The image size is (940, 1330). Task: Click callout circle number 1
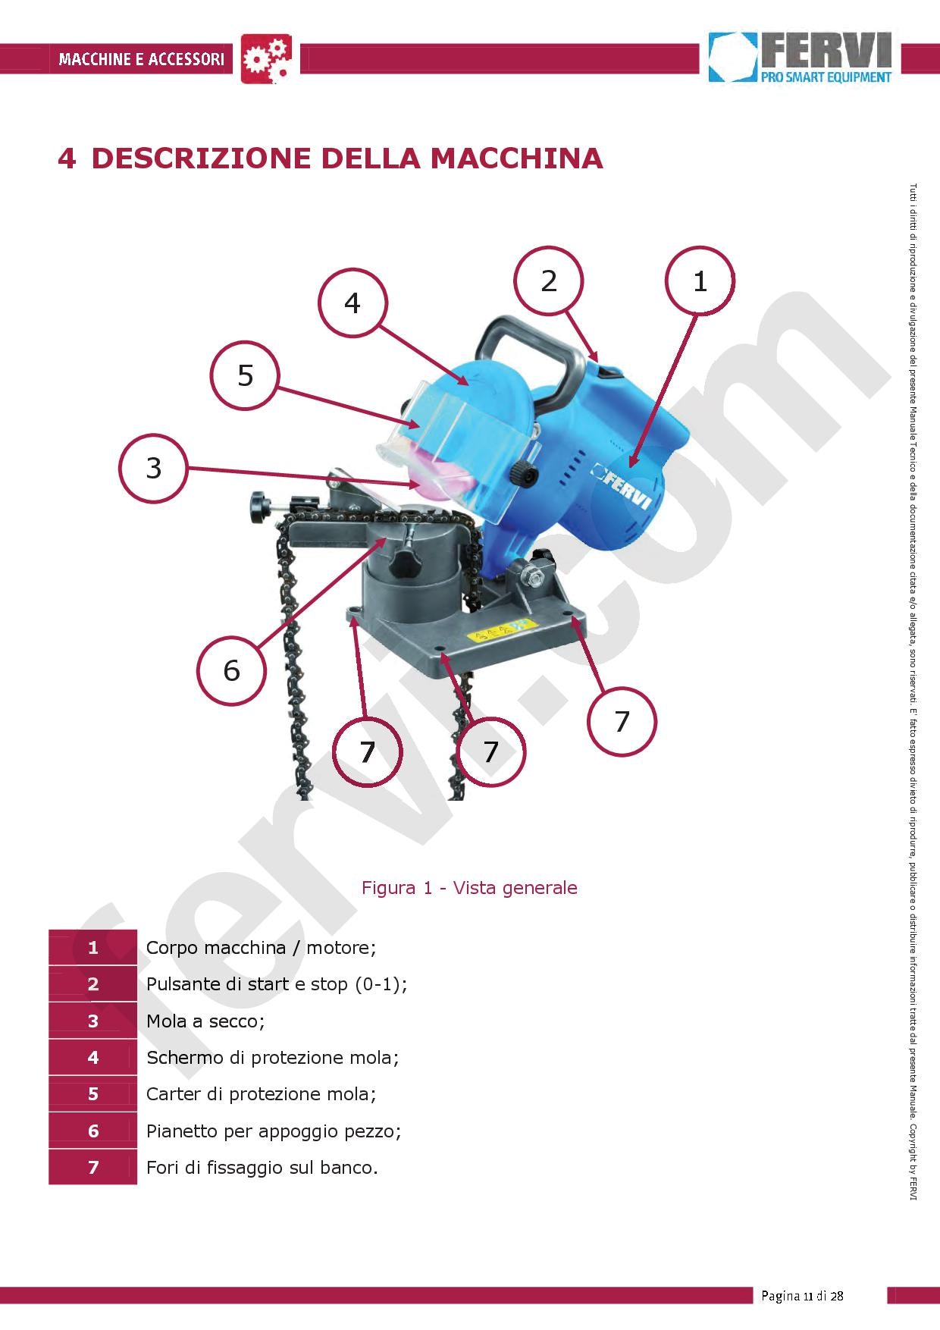[x=700, y=281]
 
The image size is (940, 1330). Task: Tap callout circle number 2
[x=548, y=281]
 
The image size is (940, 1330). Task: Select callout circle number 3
[x=154, y=468]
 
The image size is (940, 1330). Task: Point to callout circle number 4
[x=352, y=303]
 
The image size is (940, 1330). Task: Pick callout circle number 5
[x=245, y=376]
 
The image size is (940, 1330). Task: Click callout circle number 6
[x=231, y=670]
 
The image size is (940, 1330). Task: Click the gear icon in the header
[x=266, y=58]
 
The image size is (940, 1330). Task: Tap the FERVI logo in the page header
[x=801, y=57]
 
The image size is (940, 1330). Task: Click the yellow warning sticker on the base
[x=500, y=631]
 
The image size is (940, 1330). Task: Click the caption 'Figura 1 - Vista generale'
[x=469, y=888]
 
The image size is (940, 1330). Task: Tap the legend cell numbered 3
[x=93, y=1021]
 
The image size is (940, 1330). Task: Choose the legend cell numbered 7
[x=93, y=1167]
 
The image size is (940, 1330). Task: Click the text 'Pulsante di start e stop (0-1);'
[x=277, y=984]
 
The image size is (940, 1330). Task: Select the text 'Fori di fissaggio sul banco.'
[x=262, y=1168]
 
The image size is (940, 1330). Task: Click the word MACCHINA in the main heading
[x=517, y=158]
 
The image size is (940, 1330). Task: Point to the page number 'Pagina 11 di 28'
[x=802, y=1295]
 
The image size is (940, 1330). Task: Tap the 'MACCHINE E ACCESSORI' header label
[x=141, y=59]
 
